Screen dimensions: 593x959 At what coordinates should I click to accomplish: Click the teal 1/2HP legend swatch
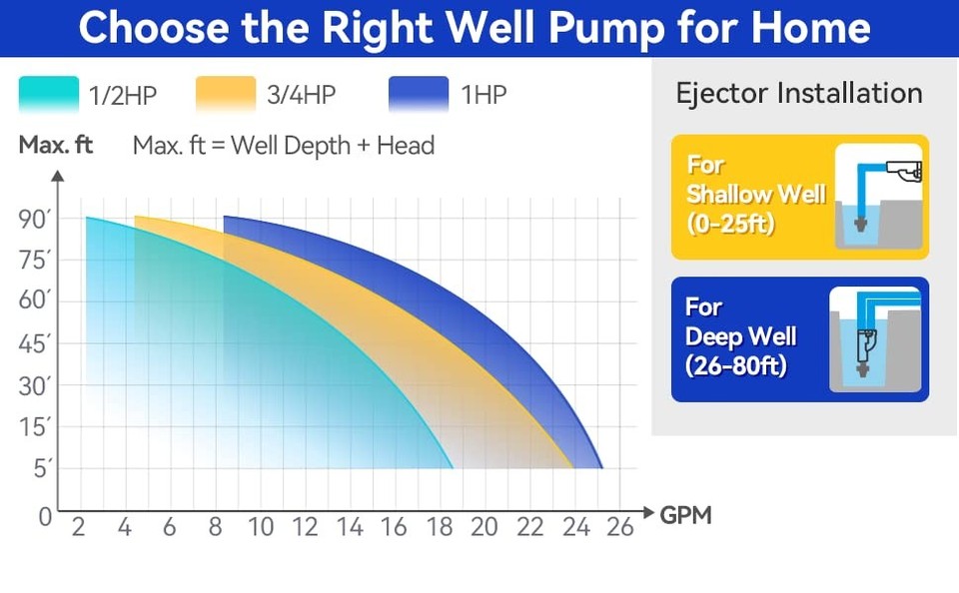pos(49,96)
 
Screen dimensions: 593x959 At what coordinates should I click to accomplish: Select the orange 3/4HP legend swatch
pos(226,96)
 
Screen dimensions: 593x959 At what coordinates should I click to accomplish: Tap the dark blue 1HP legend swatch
pos(419,96)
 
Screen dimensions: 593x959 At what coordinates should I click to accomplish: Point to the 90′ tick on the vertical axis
pos(35,220)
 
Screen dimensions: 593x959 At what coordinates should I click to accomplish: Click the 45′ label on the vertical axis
pos(35,345)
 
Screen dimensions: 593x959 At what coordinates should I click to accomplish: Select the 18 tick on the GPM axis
pos(440,527)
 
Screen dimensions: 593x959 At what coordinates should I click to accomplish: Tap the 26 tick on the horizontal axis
pos(620,527)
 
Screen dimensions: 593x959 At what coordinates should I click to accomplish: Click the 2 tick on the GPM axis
pos(79,527)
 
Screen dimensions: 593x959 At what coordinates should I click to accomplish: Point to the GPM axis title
pos(686,516)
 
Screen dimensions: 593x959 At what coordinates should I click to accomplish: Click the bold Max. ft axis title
pos(56,146)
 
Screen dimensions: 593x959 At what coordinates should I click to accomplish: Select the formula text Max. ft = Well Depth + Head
pos(284,146)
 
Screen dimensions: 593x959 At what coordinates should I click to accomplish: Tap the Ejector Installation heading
pos(799,94)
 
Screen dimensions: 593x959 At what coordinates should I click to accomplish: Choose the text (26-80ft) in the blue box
pos(737,365)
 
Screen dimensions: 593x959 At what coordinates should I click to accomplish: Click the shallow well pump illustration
pos(877,197)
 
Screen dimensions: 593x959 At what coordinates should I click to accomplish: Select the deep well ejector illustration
pos(874,339)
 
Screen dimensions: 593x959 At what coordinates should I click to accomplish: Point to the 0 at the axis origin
pos(44,517)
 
